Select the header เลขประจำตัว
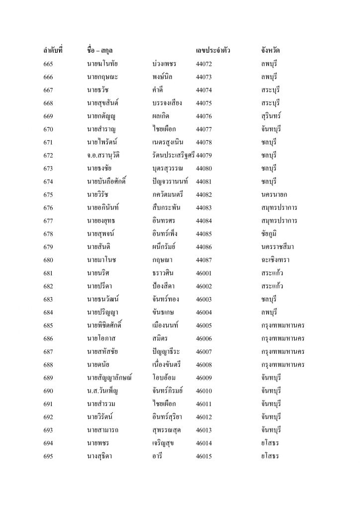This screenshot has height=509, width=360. [213, 50]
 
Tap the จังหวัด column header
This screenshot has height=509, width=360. [271, 50]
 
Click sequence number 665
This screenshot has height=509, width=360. [48, 65]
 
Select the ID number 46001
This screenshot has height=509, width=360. [204, 273]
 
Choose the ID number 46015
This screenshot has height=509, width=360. [204, 455]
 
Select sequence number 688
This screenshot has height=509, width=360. [48, 364]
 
